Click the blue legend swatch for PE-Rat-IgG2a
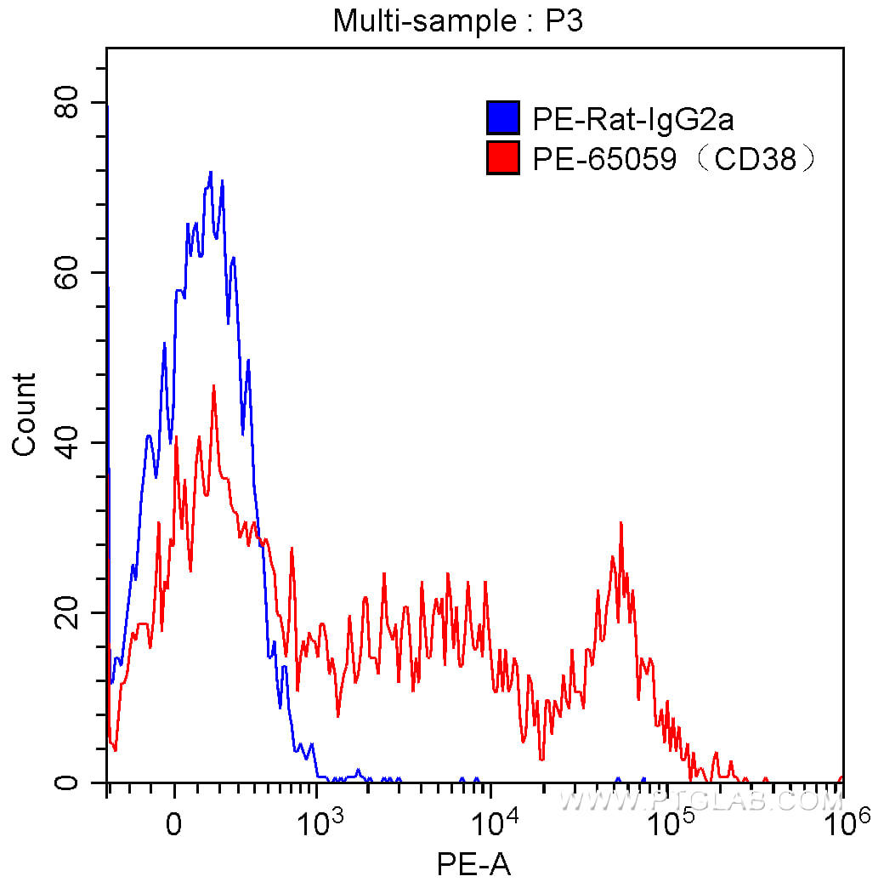tap(502, 118)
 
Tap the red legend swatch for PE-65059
tap(502, 157)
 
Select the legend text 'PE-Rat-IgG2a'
tap(633, 120)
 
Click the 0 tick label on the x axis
tap(174, 822)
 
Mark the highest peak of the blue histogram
tap(211, 172)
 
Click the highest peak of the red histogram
tap(213, 385)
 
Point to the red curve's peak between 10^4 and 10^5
tap(621, 523)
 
